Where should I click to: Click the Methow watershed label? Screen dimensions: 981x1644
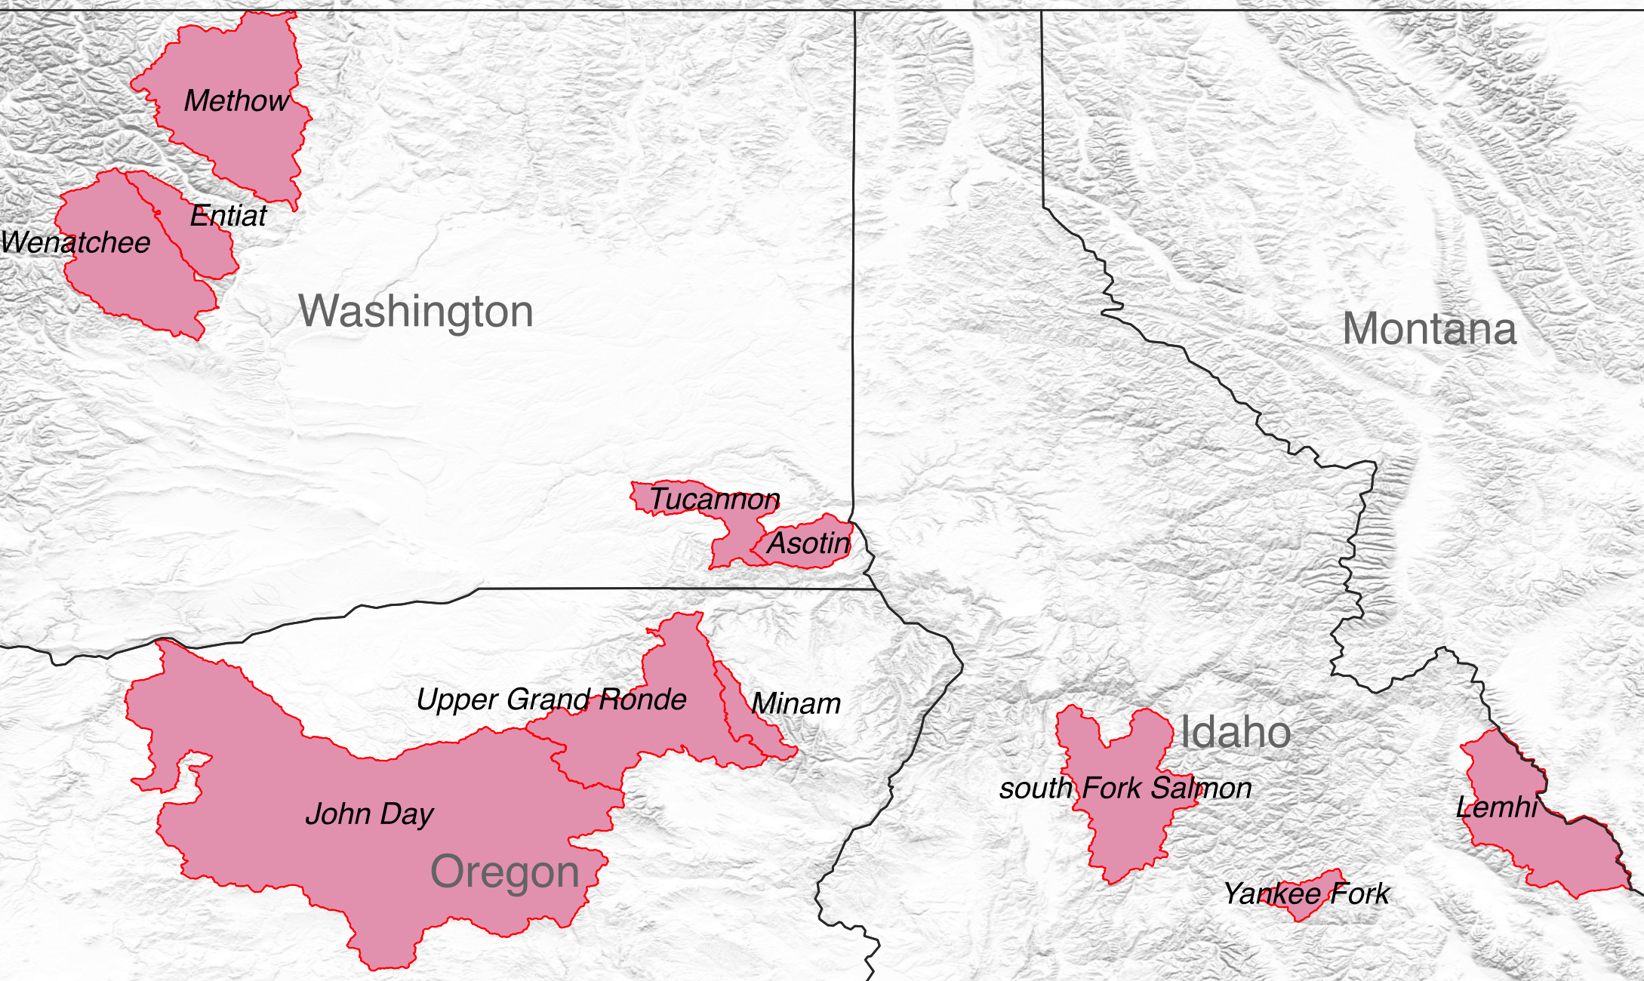[x=236, y=101]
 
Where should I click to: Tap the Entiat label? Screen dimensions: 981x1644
[x=228, y=217]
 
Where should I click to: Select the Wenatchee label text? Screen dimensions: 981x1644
[x=75, y=243]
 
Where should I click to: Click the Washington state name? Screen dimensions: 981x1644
[x=416, y=312]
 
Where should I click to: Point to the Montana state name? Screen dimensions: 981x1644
[x=1429, y=330]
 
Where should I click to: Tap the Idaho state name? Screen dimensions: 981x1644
[x=1235, y=733]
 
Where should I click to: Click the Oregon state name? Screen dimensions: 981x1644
[x=504, y=872]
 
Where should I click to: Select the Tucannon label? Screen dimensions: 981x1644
[x=714, y=500]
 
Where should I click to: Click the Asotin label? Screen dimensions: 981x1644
[x=808, y=543]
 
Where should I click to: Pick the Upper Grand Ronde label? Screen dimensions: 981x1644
[x=551, y=700]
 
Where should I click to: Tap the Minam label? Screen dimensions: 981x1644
[x=796, y=704]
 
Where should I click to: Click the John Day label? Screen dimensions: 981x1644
[x=369, y=814]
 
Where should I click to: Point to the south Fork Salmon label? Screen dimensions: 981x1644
[x=1125, y=789]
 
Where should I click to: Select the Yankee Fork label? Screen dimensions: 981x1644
[x=1306, y=894]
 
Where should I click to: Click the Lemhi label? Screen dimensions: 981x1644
[x=1496, y=808]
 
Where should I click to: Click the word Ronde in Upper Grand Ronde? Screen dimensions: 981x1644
[x=642, y=700]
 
